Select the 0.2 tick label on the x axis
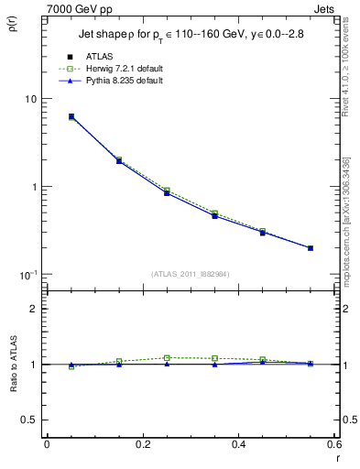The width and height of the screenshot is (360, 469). coord(142,444)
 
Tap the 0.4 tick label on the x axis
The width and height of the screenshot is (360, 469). coord(238,444)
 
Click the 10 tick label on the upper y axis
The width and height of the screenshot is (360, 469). coord(30,99)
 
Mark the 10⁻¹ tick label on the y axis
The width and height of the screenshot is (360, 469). coord(28,275)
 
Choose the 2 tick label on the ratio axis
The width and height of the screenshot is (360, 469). coord(34,310)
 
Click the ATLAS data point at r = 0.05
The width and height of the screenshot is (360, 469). coord(71,116)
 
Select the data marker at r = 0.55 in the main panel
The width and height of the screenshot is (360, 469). coord(311,247)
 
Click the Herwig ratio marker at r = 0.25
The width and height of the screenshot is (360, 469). coord(167,357)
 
